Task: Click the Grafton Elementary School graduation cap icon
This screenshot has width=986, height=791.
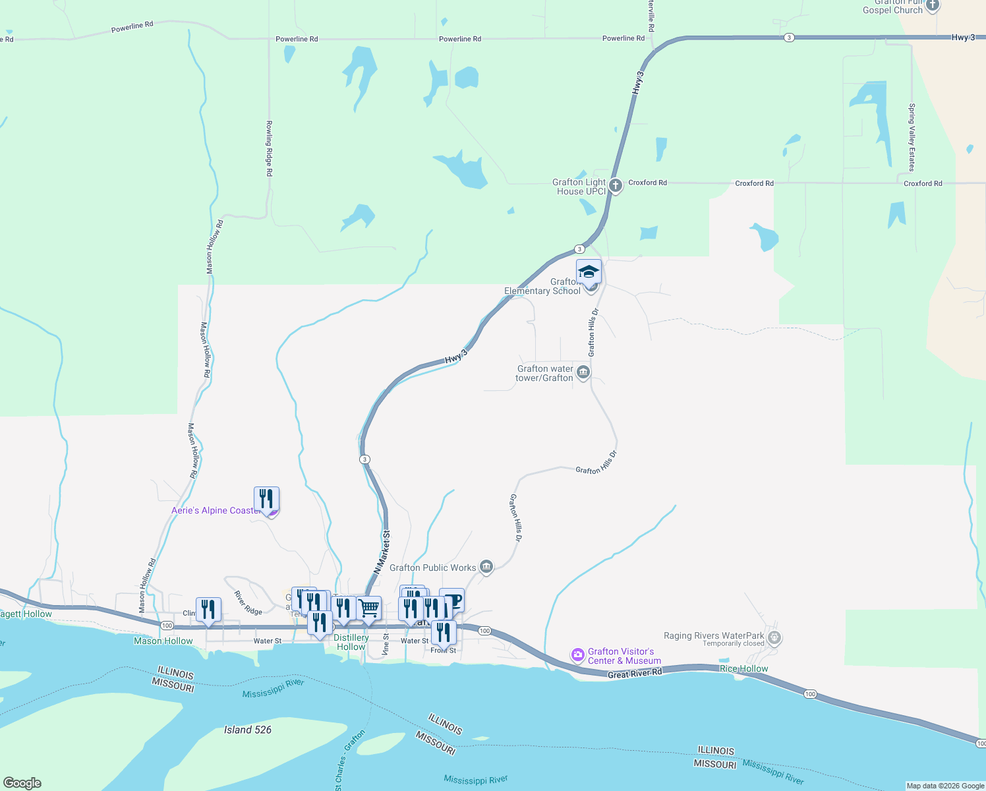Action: coord(589,272)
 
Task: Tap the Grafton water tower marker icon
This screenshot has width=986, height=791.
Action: coord(583,373)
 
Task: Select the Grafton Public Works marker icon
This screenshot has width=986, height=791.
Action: coord(486,567)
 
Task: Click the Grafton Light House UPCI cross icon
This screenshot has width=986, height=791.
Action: coord(616,186)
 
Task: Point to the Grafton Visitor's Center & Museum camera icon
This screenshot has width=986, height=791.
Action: coord(578,655)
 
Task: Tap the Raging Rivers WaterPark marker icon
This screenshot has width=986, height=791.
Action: coord(774,637)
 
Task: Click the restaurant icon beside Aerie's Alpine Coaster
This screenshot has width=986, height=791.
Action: coord(266,498)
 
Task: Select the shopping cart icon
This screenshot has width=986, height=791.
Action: coord(369,608)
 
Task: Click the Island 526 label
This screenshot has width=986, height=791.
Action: coord(247,730)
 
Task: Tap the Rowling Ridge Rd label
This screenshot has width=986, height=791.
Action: coord(269,148)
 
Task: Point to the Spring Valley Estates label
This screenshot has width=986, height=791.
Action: coord(912,137)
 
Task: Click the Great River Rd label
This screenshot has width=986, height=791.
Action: coord(634,674)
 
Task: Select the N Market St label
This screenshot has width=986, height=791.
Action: coord(382,552)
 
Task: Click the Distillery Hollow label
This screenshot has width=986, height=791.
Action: coord(351,642)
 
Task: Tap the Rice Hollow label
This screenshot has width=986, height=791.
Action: coord(743,668)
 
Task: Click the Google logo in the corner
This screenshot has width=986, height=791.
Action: coord(22,783)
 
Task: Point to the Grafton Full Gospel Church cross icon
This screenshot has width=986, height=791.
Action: coord(932,6)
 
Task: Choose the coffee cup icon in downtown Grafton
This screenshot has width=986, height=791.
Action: coord(452,600)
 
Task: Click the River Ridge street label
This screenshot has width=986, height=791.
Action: coord(248,603)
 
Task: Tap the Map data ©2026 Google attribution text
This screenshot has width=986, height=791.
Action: coord(945,786)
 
